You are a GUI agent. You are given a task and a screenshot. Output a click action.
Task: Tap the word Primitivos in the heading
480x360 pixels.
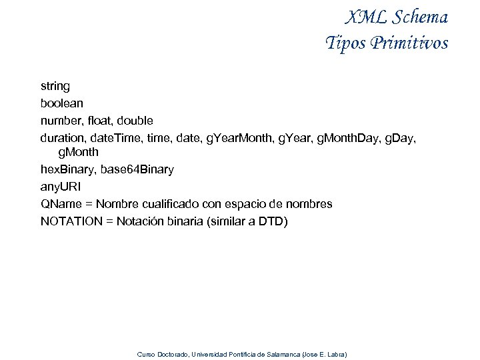409,43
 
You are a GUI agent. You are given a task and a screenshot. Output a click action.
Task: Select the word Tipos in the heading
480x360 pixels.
344,43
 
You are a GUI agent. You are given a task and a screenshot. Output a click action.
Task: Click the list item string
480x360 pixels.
55,86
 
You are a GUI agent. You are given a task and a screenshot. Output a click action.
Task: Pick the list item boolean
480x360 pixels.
62,103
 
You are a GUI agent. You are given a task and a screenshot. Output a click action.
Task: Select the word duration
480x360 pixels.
61,138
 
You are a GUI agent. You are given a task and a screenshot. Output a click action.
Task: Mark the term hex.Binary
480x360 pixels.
67,169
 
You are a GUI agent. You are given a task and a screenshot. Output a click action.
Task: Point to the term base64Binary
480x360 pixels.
137,169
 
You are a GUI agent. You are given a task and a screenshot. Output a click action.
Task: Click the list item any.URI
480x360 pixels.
61,187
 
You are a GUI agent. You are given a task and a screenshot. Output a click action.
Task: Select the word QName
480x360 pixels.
61,204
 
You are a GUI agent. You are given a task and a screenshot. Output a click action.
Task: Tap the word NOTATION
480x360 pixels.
71,221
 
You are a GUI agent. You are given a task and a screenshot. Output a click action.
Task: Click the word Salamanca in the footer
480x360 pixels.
283,354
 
